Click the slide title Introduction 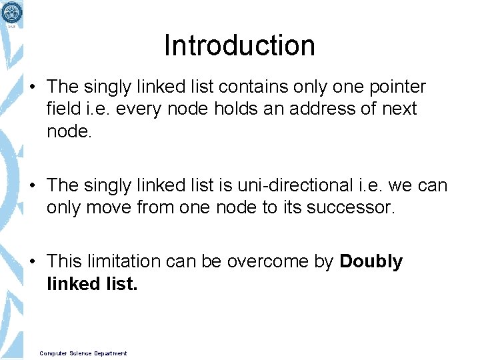(239, 46)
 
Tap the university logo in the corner (11, 12)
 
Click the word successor (351, 207)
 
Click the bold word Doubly (371, 262)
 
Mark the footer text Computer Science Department (83, 353)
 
